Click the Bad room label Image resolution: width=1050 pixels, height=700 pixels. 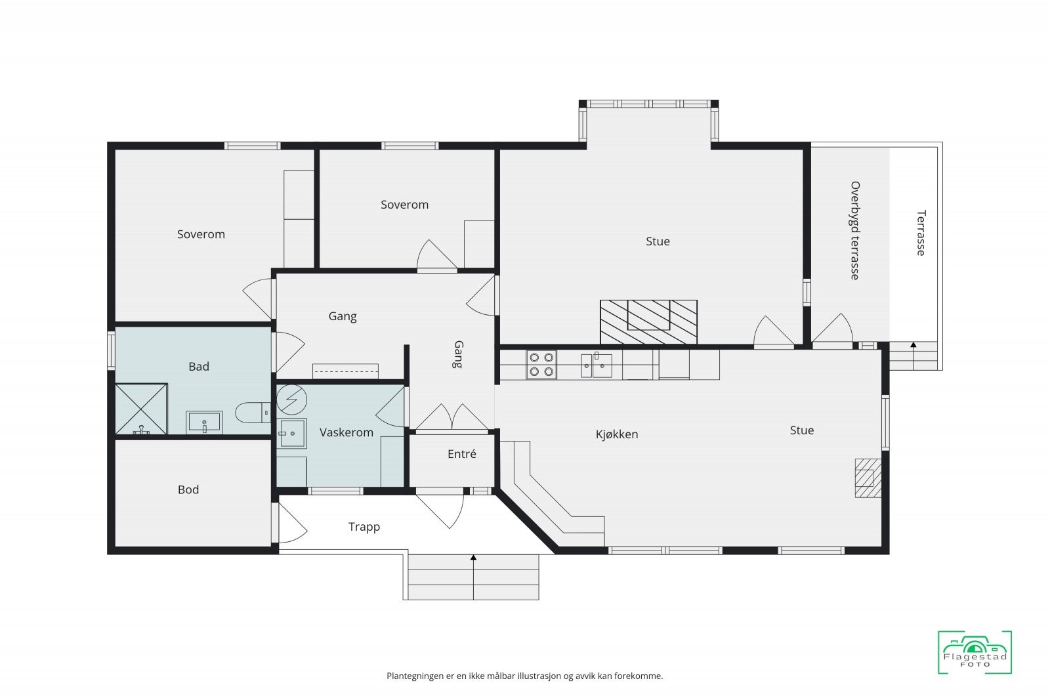[x=199, y=366]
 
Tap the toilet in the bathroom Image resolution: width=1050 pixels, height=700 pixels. [x=253, y=413]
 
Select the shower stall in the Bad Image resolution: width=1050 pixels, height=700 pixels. [x=141, y=409]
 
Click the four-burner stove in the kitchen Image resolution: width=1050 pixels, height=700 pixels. [x=541, y=365]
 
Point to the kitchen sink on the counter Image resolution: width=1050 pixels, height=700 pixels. [x=597, y=365]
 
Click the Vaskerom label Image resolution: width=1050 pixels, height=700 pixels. [x=346, y=432]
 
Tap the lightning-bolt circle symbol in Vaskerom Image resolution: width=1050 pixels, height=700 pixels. [x=291, y=400]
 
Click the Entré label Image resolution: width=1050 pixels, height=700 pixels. [x=462, y=453]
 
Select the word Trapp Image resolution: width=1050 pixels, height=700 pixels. [x=364, y=527]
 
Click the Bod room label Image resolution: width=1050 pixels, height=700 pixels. [x=188, y=489]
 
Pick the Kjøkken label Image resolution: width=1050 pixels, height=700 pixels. [x=617, y=434]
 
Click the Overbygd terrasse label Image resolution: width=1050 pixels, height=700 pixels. [x=855, y=230]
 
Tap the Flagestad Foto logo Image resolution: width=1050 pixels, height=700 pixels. [x=975, y=652]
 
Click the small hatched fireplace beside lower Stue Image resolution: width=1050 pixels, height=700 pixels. [x=868, y=478]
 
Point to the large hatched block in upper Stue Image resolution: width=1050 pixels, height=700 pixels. [x=648, y=322]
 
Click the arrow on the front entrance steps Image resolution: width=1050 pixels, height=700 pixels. [x=473, y=577]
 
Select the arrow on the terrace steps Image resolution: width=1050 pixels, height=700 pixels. [x=913, y=356]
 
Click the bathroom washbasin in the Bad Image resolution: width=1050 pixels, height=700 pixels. [x=204, y=422]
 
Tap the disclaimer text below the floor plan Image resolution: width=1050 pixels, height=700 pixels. [x=524, y=676]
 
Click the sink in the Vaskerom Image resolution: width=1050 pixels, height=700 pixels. [x=291, y=434]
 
